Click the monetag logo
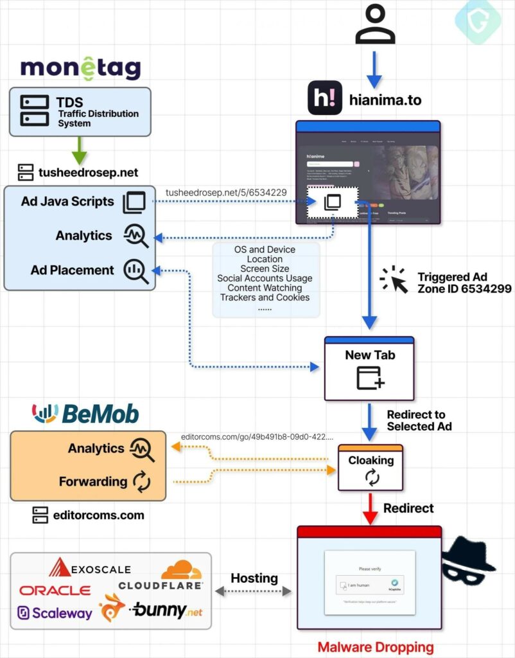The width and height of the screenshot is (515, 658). click(x=80, y=67)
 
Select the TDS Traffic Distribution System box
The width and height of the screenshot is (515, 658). click(x=80, y=112)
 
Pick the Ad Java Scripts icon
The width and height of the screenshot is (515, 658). click(x=134, y=202)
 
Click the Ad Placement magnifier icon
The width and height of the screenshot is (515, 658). click(x=135, y=271)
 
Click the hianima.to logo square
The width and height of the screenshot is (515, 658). click(x=324, y=98)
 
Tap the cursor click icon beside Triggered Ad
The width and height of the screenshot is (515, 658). click(x=394, y=280)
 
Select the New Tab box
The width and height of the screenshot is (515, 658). click(x=369, y=368)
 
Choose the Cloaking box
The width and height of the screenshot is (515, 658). click(x=371, y=467)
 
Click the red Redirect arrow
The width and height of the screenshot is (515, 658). click(x=370, y=507)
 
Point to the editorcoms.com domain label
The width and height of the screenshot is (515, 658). click(x=98, y=515)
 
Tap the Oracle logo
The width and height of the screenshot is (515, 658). click(x=55, y=590)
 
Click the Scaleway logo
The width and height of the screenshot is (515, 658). click(x=55, y=613)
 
